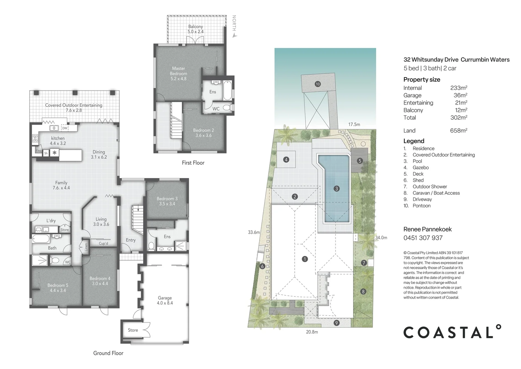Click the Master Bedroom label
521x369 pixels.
pos(178,73)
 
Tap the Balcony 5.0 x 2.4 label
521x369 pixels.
pos(195,29)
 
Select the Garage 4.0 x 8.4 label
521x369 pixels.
pos(165,300)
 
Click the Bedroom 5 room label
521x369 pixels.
pos(58,288)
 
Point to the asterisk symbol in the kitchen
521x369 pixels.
pos(54,153)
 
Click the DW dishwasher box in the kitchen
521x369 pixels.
pos(64,128)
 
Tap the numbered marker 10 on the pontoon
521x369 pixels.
pos(317,84)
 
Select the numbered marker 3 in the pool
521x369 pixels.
pos(337,189)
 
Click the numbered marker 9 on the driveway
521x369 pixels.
pos(337,323)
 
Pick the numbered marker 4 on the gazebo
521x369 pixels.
pos(286,160)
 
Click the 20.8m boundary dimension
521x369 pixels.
pos(312,332)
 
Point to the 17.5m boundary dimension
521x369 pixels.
pos(354,124)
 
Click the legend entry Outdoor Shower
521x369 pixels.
pos(430,187)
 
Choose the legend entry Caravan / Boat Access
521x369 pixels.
pos(436,193)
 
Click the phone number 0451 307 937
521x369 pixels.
pos(423,238)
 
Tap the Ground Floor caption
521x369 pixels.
pos(108,353)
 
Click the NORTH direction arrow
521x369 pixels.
pos(234,34)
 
